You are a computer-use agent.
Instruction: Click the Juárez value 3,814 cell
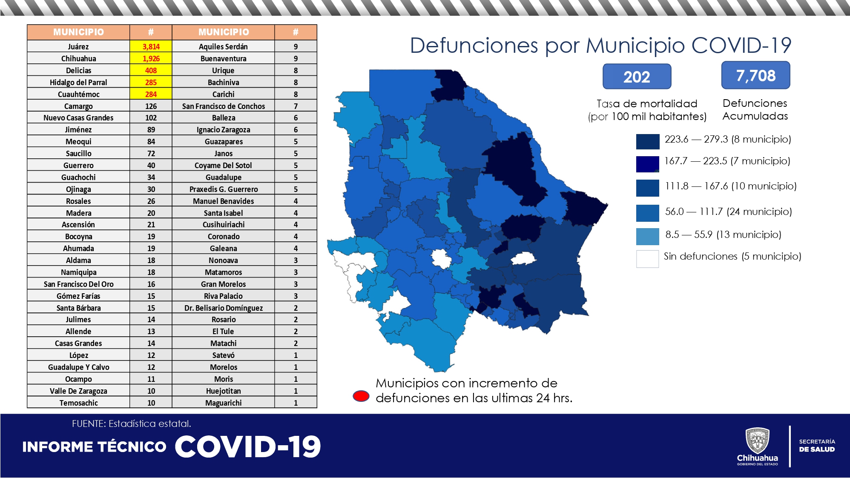[x=151, y=46]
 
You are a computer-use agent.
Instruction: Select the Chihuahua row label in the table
[x=78, y=58]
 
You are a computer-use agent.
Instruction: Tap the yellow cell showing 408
[x=151, y=70]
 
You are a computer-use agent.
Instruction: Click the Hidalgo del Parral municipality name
[x=78, y=82]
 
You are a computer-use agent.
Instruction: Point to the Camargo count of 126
[x=151, y=106]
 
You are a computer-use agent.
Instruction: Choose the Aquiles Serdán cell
[x=223, y=46]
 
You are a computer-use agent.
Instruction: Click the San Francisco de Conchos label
[x=223, y=106]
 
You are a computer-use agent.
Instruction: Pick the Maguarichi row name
[x=223, y=403]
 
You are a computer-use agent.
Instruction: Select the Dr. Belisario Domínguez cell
[x=223, y=308]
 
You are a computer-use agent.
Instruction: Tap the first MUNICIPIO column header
[x=78, y=32]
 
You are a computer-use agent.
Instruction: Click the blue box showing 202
[x=637, y=77]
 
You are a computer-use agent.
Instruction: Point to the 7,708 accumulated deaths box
[x=755, y=75]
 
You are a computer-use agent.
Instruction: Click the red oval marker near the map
[x=361, y=396]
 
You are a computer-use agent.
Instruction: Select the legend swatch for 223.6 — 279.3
[x=647, y=141]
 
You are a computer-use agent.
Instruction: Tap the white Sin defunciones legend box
[x=647, y=259]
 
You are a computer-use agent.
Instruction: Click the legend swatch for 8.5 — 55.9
[x=647, y=237]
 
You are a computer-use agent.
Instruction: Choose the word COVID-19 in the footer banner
[x=247, y=447]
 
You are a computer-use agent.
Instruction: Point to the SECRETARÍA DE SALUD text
[x=816, y=445]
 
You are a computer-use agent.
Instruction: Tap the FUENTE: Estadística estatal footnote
[x=131, y=424]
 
